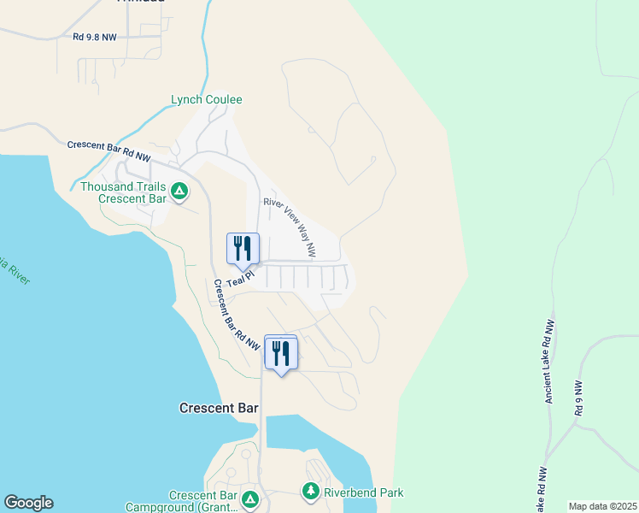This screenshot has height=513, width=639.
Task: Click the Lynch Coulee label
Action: [207, 100]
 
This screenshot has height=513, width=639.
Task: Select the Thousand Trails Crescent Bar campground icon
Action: [179, 192]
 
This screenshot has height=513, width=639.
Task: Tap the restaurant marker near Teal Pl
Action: [243, 249]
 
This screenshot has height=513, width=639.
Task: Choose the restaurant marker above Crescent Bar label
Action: [280, 352]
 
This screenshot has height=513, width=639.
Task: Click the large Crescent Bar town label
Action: [219, 408]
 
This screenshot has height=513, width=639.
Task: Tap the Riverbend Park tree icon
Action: [310, 492]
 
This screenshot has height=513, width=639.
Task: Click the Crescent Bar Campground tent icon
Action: [249, 498]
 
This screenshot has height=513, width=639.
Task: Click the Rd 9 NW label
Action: [579, 398]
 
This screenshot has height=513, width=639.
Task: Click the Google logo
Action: [28, 503]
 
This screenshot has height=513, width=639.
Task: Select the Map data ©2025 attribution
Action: [602, 506]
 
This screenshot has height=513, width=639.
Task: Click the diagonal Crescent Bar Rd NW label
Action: [237, 315]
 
